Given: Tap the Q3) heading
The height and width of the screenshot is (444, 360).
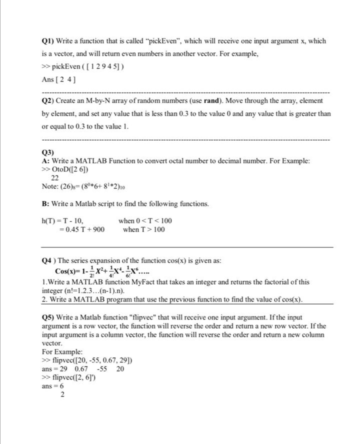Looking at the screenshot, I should tap(48, 152).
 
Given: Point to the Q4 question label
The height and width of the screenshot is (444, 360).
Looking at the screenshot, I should tap(48, 260).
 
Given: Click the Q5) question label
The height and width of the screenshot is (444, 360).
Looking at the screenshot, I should tap(48, 317).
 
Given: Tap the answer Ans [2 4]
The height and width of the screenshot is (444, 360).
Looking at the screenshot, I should tap(59, 79).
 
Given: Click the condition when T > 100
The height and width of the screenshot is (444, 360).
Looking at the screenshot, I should tap(143, 229).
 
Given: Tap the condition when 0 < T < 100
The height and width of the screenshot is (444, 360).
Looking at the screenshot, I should tap(145, 220).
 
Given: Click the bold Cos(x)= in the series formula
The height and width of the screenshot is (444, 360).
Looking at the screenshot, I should tap(68, 271).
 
